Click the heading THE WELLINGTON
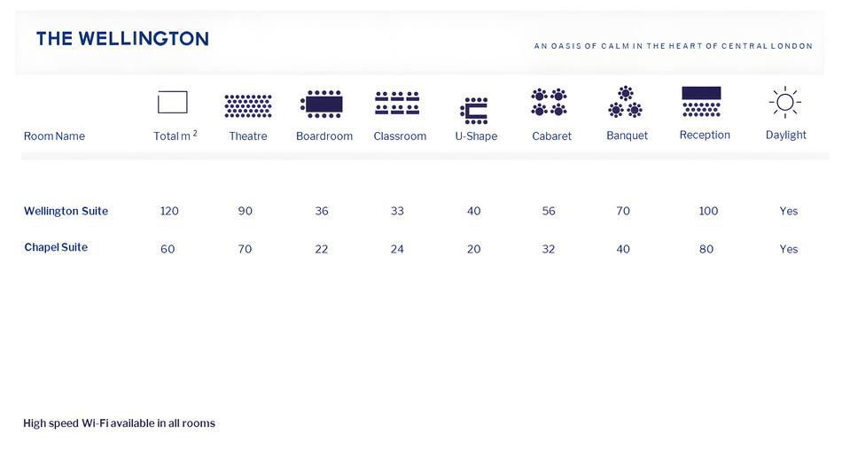pyautogui.click(x=122, y=39)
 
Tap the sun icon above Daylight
pyautogui.click(x=785, y=102)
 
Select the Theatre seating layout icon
pyautogui.click(x=248, y=105)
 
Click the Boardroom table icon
pyautogui.click(x=322, y=104)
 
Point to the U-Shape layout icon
pyautogui.click(x=474, y=111)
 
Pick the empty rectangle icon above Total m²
pyautogui.click(x=172, y=102)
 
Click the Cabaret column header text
pyautogui.click(x=551, y=136)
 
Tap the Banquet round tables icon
pyautogui.click(x=625, y=102)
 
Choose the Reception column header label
pyautogui.click(x=705, y=135)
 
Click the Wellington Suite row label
pyautogui.click(x=66, y=211)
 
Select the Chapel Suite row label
pyautogui.click(x=56, y=247)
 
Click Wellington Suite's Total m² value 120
pyautogui.click(x=169, y=211)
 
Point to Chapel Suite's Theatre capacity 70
pyautogui.click(x=245, y=249)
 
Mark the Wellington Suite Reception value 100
pyautogui.click(x=708, y=211)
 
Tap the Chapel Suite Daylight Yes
pyautogui.click(x=788, y=249)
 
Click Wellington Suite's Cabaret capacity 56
pyautogui.click(x=549, y=211)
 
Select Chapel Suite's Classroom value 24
pyautogui.click(x=397, y=249)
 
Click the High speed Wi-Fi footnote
pyautogui.click(x=120, y=423)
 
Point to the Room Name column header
pyautogui.click(x=54, y=136)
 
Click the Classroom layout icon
pyautogui.click(x=397, y=103)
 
